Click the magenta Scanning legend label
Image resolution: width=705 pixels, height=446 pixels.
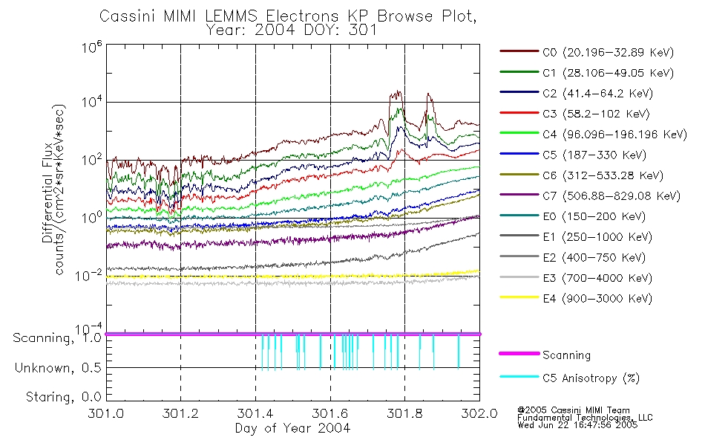566,355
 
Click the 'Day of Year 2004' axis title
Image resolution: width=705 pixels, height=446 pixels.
292,428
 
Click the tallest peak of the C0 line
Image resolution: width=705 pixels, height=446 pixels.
399,92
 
